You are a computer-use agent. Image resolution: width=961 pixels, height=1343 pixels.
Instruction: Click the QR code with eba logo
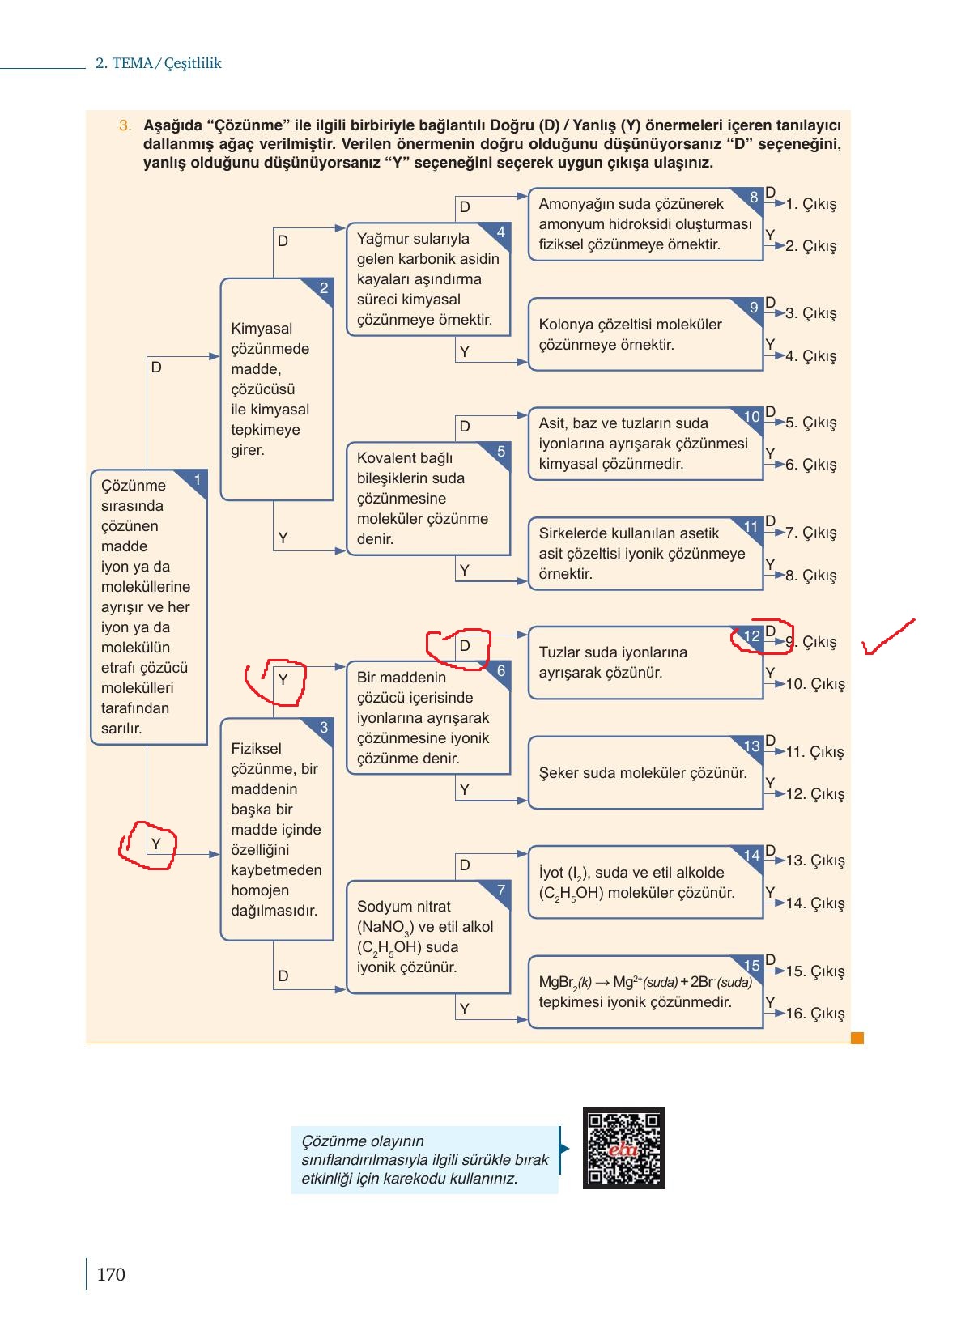pos(623,1148)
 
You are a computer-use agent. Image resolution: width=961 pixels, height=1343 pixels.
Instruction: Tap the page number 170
pos(111,1274)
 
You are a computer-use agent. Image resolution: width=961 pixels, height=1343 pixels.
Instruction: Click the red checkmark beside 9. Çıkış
pos(888,636)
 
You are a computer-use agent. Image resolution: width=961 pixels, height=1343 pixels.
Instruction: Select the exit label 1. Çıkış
pos(811,204)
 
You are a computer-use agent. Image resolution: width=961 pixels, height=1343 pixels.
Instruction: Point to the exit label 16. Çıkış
pos(815,1013)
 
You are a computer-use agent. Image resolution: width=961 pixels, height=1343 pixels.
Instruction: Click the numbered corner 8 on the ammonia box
pos(753,198)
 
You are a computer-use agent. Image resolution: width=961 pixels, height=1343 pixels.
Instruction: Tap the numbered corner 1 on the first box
pos(197,479)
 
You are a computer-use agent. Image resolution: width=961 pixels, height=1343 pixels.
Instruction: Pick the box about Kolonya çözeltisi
pos(645,334)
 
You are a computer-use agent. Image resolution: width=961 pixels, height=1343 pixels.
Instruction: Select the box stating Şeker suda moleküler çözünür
pos(645,773)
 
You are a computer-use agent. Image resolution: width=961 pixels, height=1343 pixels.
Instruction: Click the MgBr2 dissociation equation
pos(645,981)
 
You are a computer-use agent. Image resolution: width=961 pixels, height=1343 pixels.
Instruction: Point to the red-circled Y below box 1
pos(148,845)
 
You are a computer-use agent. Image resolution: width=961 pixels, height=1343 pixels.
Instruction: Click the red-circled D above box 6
pos(458,648)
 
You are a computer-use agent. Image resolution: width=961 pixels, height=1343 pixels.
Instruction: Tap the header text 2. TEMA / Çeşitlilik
pos(158,63)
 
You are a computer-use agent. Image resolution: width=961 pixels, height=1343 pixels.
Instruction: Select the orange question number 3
pos(125,125)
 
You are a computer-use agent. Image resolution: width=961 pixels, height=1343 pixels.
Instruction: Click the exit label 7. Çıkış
pos(811,533)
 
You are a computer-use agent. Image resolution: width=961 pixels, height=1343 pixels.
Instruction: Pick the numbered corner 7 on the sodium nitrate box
pos(500,890)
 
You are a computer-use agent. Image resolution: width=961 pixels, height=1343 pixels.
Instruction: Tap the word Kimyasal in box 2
pos(262,329)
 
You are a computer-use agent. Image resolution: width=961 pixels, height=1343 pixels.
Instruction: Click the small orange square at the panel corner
pos(857,1038)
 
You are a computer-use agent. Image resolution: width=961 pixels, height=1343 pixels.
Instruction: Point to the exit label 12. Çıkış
pos(815,794)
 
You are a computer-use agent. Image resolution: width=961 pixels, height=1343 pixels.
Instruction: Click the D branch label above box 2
pos(283,241)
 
